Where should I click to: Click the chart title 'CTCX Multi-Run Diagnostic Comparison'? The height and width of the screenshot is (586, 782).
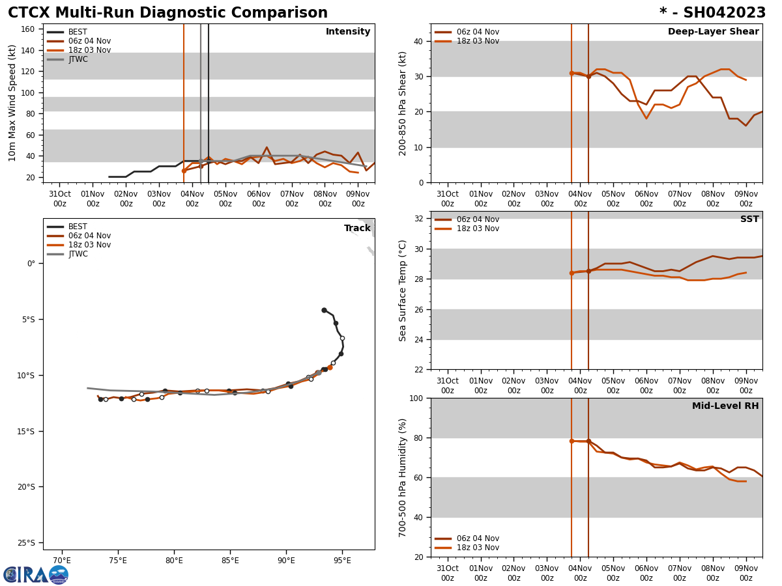click(167, 13)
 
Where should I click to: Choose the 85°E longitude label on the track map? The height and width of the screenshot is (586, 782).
click(230, 561)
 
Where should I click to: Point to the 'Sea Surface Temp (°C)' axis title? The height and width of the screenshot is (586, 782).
click(403, 290)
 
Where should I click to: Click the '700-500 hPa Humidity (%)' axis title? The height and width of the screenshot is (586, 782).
click(403, 477)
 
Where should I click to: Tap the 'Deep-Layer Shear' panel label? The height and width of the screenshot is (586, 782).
click(713, 32)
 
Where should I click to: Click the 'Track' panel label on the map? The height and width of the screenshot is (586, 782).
click(357, 229)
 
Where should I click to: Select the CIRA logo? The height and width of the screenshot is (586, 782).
click(36, 574)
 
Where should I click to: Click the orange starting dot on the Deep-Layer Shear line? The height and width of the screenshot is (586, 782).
click(572, 73)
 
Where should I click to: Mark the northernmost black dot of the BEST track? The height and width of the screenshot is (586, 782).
click(324, 310)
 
